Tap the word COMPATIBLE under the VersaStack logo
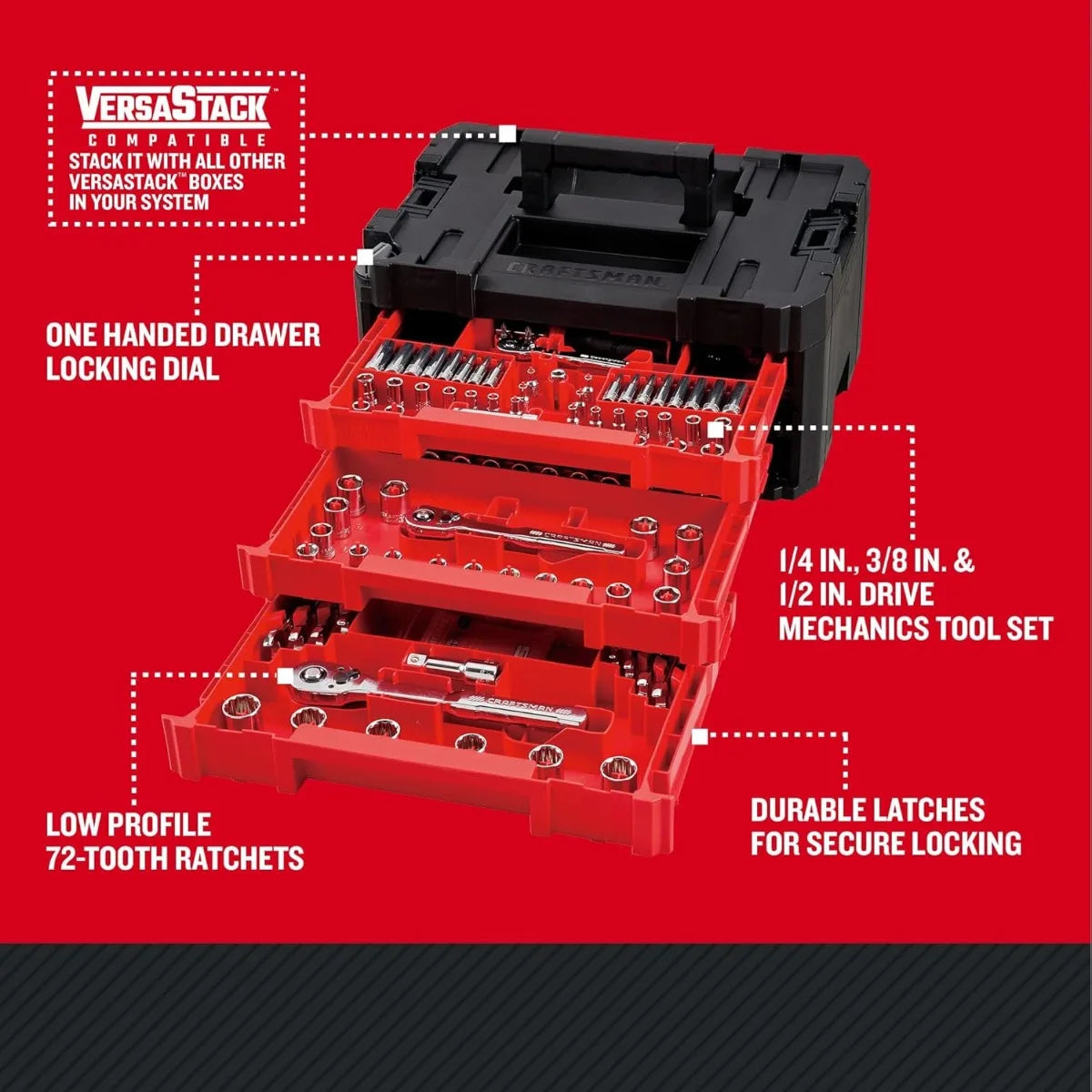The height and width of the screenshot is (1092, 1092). point(172,140)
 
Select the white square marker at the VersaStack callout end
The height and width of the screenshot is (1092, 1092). point(508,135)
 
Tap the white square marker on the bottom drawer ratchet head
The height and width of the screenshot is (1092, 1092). point(285,675)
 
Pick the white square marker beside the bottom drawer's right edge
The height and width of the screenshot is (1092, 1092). point(700,735)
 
